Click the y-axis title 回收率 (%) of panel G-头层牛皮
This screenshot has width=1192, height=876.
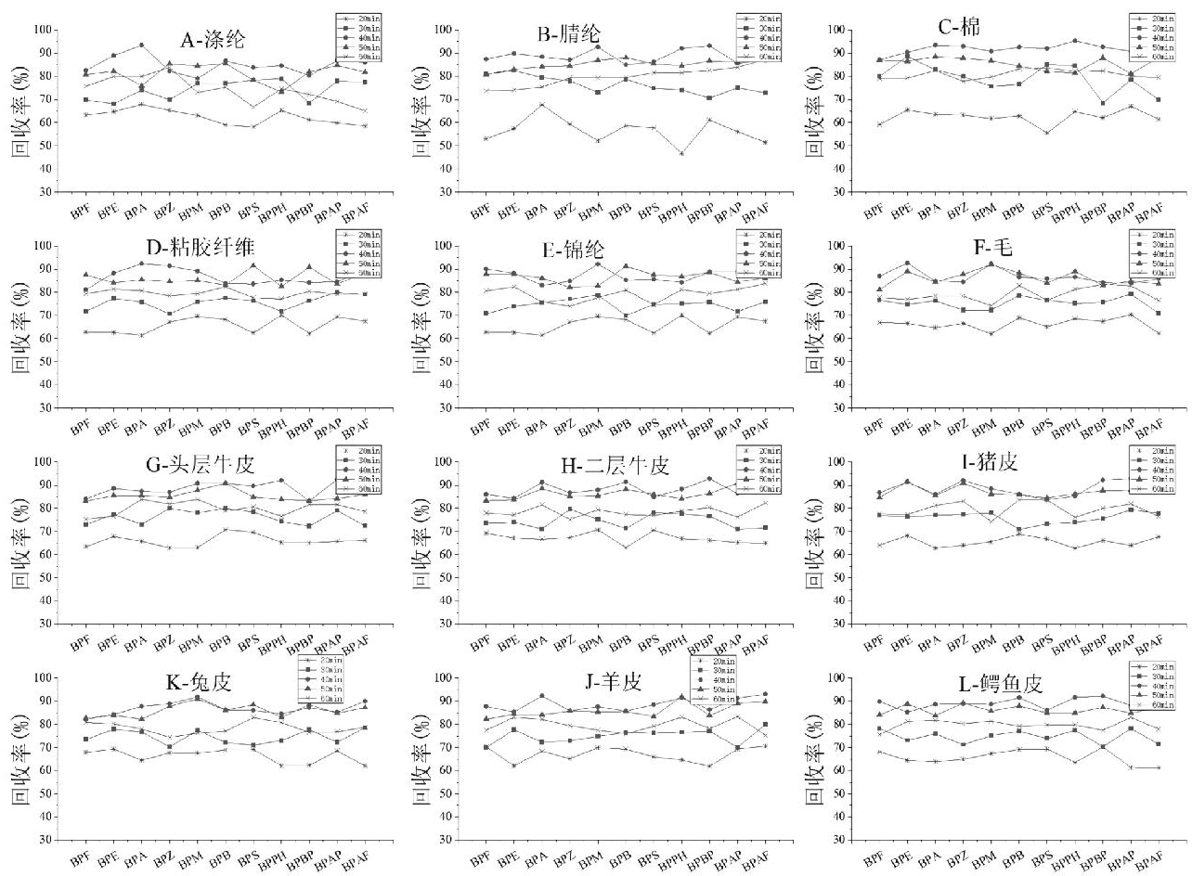pos(19,542)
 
